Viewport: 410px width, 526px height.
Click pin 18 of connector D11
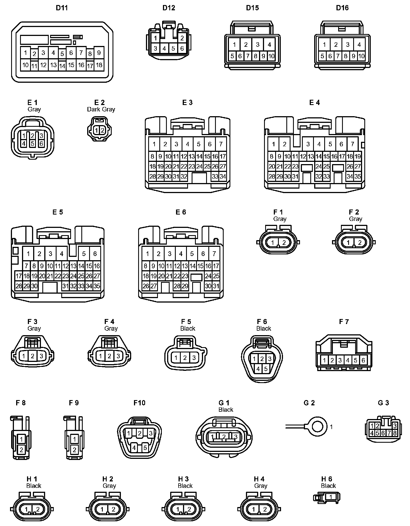click(99, 65)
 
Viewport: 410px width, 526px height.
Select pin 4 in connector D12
click(164, 49)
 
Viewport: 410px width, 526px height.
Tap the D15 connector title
click(252, 8)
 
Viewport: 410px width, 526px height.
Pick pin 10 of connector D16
click(361, 56)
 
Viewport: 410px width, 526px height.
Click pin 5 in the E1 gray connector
click(33, 143)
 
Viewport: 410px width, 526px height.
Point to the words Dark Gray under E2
click(101, 109)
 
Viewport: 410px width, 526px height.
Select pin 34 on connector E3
click(223, 176)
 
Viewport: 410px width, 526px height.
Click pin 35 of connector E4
click(358, 176)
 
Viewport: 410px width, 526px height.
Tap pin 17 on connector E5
click(19, 276)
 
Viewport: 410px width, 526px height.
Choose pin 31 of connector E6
click(216, 286)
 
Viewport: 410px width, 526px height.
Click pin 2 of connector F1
click(284, 242)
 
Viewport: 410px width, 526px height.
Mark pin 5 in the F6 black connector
click(266, 369)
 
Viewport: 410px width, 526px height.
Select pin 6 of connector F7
click(363, 360)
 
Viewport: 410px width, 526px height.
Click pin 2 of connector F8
click(21, 449)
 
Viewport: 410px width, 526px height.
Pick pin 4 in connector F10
click(134, 448)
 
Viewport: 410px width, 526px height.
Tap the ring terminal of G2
click(318, 427)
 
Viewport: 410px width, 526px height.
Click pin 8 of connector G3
click(395, 433)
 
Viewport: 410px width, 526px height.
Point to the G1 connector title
click(224, 403)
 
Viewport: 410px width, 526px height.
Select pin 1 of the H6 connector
click(331, 497)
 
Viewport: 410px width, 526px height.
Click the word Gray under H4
click(261, 486)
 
